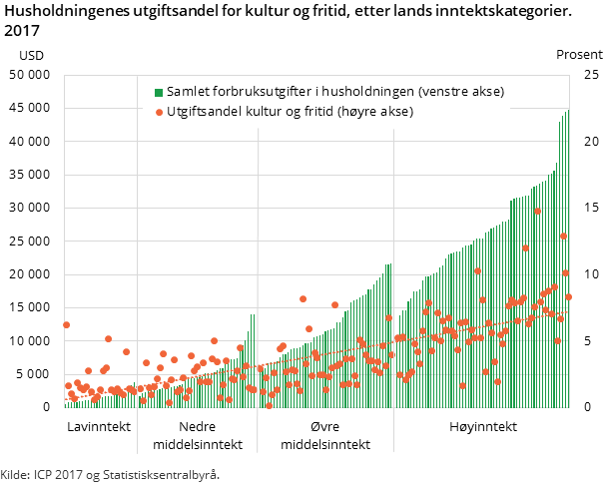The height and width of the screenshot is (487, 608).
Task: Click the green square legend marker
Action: pos(159,93)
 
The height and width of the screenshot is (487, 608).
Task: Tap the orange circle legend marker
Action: pos(159,112)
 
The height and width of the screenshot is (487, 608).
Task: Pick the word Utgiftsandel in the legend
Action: pos(203,112)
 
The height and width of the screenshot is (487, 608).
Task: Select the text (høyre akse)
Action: pos(376,112)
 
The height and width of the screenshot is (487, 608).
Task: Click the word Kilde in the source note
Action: pos(15,474)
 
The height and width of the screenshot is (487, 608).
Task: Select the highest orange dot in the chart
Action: pos(537,211)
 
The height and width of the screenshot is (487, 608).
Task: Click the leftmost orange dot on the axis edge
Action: pos(66,324)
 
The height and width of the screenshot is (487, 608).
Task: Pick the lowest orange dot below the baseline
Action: pos(269,405)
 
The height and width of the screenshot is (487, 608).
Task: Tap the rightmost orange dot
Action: pos(569,296)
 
